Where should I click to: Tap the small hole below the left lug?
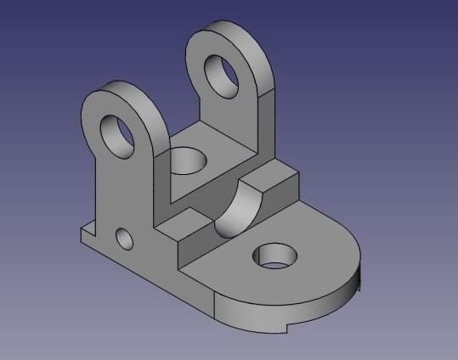click(x=125, y=238)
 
